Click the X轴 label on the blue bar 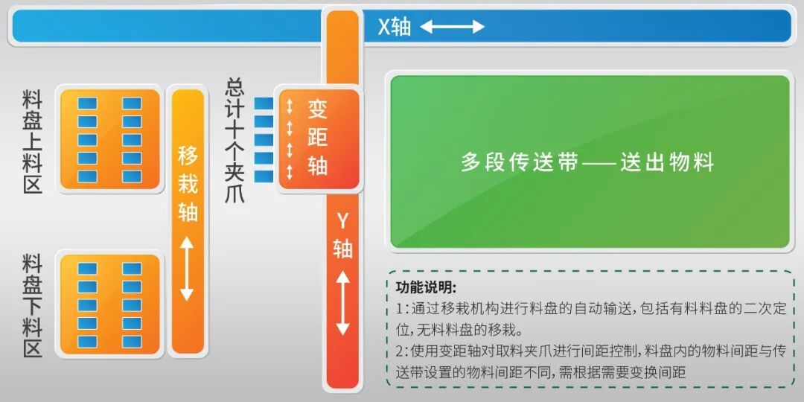(394, 27)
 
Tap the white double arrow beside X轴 (452, 27)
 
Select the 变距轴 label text (318, 138)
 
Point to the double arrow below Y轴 (342, 304)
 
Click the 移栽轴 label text (188, 182)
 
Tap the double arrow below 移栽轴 (187, 268)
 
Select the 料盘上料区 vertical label (33, 141)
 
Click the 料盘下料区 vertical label (33, 305)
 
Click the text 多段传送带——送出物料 (587, 162)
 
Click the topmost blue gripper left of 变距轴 (264, 103)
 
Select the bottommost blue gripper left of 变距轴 (264, 176)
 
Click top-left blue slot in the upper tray (88, 103)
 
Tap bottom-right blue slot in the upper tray (132, 176)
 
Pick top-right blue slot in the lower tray (132, 269)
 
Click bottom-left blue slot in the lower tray (88, 341)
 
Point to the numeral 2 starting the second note (400, 350)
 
